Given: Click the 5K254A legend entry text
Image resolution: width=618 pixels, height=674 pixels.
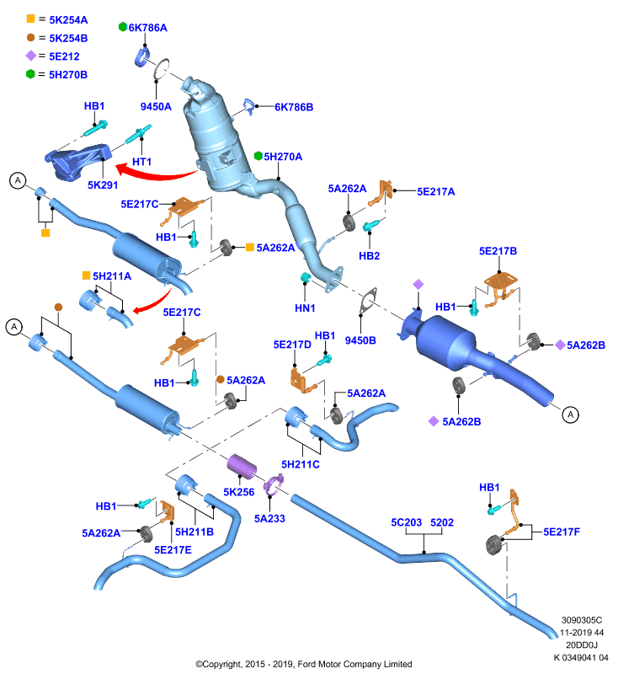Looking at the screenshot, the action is click(x=68, y=19).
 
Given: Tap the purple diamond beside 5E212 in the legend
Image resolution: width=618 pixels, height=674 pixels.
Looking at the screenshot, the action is click(x=31, y=56).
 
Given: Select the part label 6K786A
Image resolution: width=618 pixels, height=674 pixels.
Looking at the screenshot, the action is click(x=147, y=28).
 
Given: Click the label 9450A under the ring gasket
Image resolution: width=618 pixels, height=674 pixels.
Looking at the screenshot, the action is click(x=156, y=107).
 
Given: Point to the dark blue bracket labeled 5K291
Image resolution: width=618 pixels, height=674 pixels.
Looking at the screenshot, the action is click(x=78, y=162).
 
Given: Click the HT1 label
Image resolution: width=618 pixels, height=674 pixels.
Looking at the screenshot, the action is click(x=141, y=162).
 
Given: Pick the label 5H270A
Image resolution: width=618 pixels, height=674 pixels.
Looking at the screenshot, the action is click(x=283, y=157).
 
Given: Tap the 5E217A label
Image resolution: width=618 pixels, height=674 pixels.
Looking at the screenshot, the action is click(x=436, y=192).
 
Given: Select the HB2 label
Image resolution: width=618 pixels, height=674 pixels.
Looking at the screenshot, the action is click(x=370, y=256).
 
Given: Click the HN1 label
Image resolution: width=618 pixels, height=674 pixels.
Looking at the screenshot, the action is click(x=305, y=308).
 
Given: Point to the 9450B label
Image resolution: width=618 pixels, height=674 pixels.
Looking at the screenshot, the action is click(x=360, y=340).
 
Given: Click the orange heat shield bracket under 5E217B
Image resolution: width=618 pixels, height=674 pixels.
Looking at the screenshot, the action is click(x=500, y=286).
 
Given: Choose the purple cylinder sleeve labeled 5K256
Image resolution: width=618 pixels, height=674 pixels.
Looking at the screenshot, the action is click(x=242, y=466).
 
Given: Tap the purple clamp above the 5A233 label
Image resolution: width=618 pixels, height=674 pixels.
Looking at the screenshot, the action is click(x=273, y=485).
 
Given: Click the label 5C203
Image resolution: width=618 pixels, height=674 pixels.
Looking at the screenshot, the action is click(x=407, y=522).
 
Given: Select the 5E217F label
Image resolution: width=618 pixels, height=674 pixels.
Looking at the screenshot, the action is click(x=562, y=532).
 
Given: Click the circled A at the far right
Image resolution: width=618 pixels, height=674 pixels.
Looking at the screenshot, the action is click(x=570, y=415).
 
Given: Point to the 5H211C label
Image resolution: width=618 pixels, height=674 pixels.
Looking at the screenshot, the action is click(x=301, y=464).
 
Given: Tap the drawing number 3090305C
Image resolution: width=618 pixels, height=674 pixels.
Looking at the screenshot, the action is click(x=582, y=620).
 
